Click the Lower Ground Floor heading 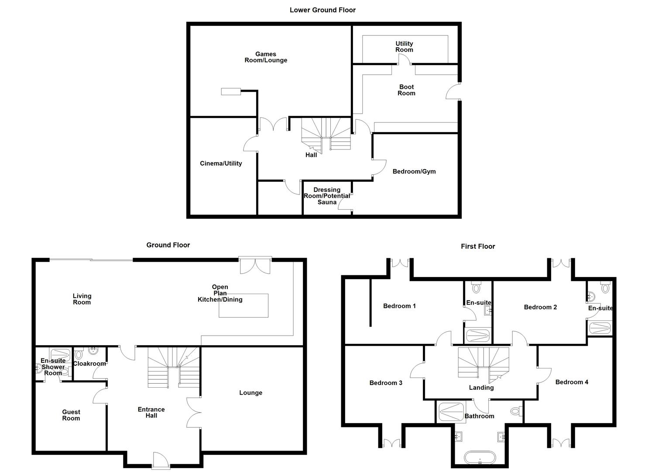point(322,10)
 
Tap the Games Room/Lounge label point(266,57)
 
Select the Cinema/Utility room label point(221,163)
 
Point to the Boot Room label point(406,90)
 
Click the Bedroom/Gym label point(414,171)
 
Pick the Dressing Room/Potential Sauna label point(327,196)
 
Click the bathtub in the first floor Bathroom point(480,458)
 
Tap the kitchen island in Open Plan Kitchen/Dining point(243,305)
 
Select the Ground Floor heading point(168,245)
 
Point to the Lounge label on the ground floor point(251,393)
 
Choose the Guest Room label point(71,415)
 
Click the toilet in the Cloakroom point(79,354)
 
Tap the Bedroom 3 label point(386,383)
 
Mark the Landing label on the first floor point(481,388)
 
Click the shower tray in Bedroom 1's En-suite point(478,336)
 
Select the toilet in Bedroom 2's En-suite point(605,287)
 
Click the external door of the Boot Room point(453,91)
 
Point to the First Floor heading point(478,246)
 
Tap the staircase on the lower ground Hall point(326,134)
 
